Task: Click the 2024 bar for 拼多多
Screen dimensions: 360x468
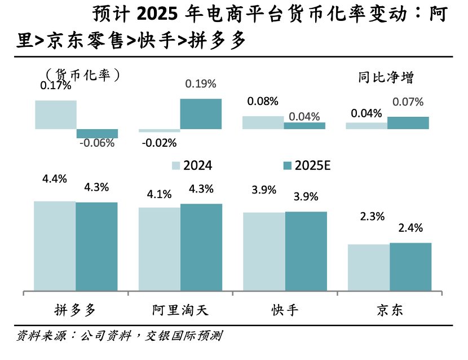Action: (55, 246)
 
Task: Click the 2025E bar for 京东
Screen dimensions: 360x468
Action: (410, 267)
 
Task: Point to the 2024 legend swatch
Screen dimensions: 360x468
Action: (175, 165)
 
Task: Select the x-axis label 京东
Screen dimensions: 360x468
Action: (390, 310)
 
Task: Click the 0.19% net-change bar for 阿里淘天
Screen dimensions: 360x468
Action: (201, 113)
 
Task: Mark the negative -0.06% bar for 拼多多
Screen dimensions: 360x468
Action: (97, 133)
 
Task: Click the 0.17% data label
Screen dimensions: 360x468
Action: (55, 86)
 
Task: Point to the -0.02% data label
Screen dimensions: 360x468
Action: (159, 143)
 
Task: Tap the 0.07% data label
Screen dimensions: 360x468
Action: (408, 102)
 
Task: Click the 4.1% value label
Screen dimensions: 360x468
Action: (159, 194)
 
